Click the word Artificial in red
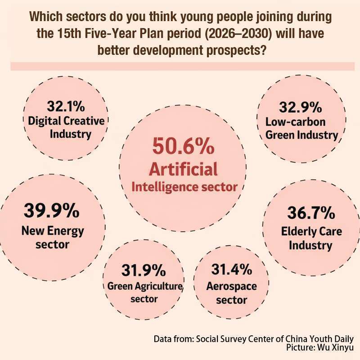tap(184, 170)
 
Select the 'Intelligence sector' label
tap(184, 187)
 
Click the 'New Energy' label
tap(53, 231)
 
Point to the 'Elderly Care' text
tap(311, 232)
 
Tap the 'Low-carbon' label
tap(296, 121)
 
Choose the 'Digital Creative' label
tap(66, 121)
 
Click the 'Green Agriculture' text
tap(144, 286)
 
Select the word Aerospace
tap(231, 286)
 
